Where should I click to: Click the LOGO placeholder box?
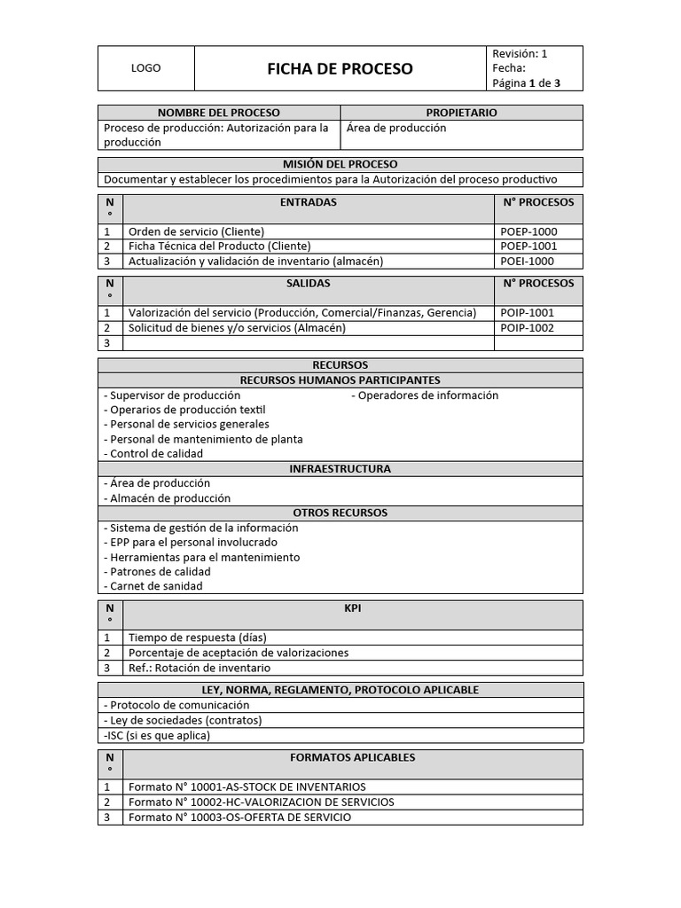(x=145, y=69)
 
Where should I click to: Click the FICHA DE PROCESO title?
(x=340, y=69)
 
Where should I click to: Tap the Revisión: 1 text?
(x=520, y=54)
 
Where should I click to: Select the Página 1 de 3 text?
(x=526, y=84)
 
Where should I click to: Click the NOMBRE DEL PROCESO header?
(x=218, y=113)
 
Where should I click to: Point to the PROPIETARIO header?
(x=461, y=113)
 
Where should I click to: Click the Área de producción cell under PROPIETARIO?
(x=396, y=128)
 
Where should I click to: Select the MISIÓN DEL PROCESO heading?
(x=340, y=164)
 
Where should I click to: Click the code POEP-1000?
(x=528, y=231)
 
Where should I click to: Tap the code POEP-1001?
(x=528, y=246)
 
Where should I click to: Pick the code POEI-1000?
(x=528, y=261)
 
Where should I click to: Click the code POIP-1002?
(x=528, y=327)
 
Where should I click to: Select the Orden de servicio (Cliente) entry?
(x=197, y=231)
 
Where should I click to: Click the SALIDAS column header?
(x=308, y=284)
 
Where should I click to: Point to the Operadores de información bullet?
(x=426, y=395)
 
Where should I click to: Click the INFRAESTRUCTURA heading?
(x=340, y=469)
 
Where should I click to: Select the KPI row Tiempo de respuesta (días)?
(x=198, y=638)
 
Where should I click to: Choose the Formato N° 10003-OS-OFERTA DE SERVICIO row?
(x=239, y=818)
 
